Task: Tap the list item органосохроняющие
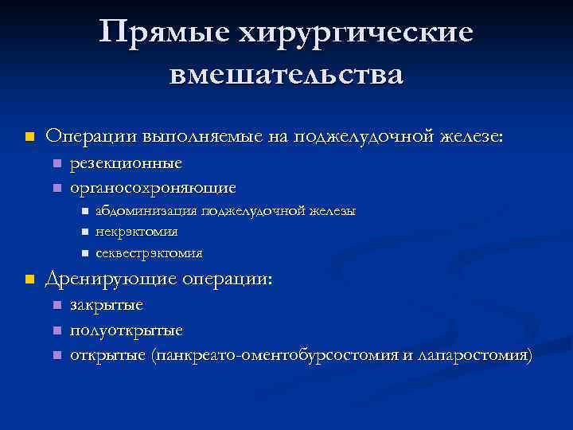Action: (x=153, y=188)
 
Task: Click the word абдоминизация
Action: (x=146, y=211)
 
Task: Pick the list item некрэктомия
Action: (x=136, y=232)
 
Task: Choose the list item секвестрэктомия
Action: (x=149, y=252)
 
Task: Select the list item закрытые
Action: (x=107, y=305)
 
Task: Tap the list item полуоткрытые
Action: (x=127, y=330)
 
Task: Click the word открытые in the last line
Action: (x=107, y=354)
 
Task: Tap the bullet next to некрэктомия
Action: (x=84, y=232)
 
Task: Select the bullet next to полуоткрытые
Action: (x=56, y=330)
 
